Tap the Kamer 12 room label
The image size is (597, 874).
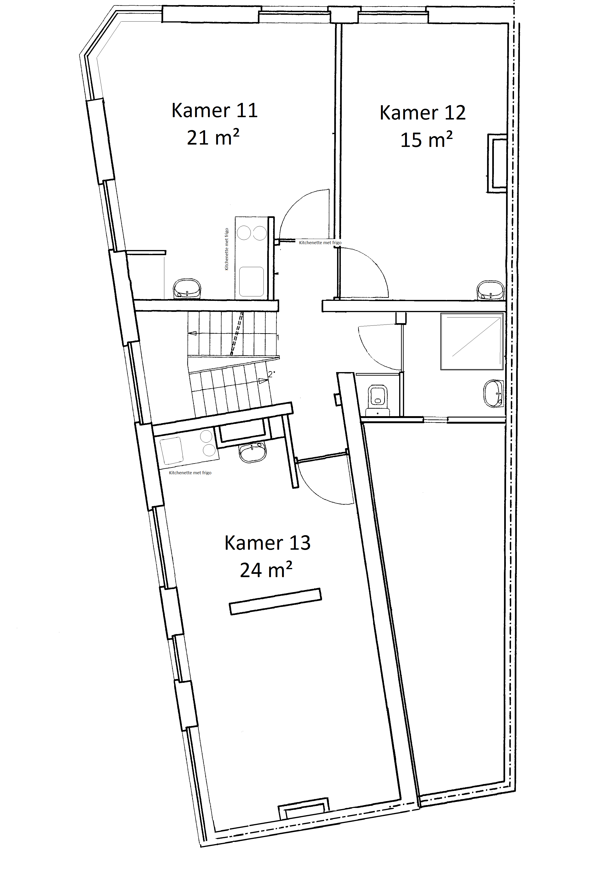coord(422,113)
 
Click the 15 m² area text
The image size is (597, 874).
coord(426,139)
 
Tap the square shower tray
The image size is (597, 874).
coord(472,341)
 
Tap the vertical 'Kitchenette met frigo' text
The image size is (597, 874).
coord(226,249)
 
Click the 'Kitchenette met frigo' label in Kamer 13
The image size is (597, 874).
coord(190,473)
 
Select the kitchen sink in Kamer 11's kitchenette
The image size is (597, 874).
coord(252,281)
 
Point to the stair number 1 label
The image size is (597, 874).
coord(278,337)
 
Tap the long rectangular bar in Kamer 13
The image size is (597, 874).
coord(275,601)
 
